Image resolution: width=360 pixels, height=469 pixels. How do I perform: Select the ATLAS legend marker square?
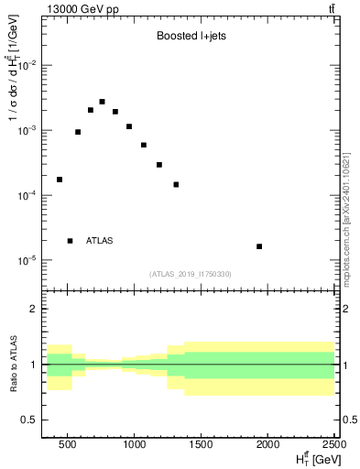[71, 241]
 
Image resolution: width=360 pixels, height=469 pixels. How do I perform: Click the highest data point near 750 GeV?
[102, 102]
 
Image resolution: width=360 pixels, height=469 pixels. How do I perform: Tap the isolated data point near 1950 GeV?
[259, 246]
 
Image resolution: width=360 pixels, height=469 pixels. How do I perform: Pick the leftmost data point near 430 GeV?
[60, 180]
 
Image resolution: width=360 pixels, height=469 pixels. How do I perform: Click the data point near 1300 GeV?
[176, 184]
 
